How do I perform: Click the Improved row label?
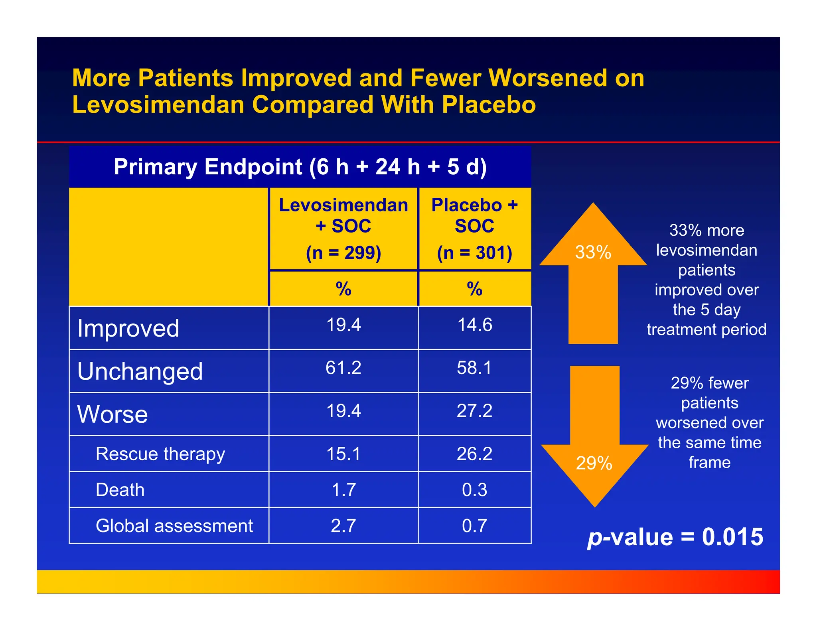[128, 328]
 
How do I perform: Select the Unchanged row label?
[140, 371]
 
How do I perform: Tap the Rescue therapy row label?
[160, 454]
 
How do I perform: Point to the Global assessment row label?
[174, 526]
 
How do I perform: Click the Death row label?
[120, 490]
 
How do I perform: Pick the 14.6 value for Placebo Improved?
[474, 325]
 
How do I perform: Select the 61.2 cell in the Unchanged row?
[343, 368]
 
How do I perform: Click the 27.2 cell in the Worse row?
[474, 411]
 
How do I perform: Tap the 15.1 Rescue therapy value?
[343, 454]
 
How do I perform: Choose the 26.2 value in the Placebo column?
[474, 454]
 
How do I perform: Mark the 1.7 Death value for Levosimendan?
[343, 490]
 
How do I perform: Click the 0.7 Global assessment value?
[474, 526]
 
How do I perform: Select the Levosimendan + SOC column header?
[343, 215]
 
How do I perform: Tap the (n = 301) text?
[474, 253]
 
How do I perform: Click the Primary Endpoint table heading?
[300, 167]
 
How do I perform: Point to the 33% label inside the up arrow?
[593, 252]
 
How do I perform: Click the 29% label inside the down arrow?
[594, 463]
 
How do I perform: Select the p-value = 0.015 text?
[675, 537]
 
